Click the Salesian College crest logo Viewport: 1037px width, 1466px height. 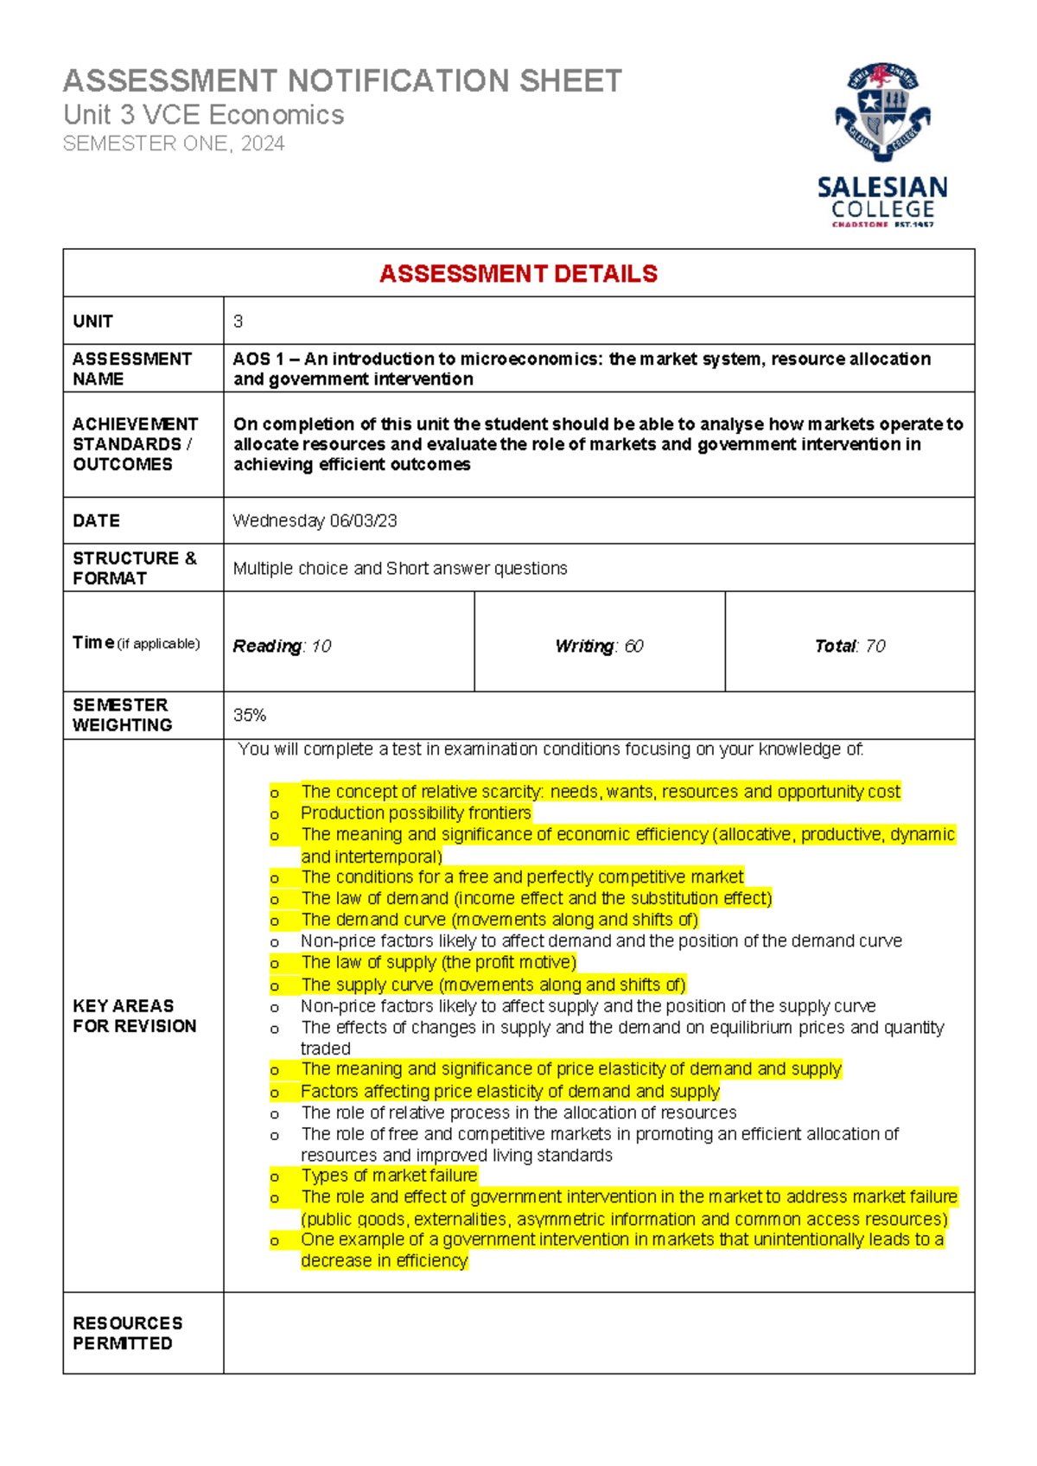[x=881, y=112]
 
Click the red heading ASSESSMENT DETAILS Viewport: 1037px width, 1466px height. [x=518, y=274]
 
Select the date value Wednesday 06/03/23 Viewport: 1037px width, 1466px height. [x=315, y=520]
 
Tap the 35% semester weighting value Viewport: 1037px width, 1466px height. [x=250, y=715]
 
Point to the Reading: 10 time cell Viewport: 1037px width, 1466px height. [x=283, y=646]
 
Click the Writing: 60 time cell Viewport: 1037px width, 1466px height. [x=599, y=646]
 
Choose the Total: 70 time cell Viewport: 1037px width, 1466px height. [x=849, y=646]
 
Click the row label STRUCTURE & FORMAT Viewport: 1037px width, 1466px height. [x=135, y=568]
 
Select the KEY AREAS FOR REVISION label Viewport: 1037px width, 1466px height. [x=135, y=1016]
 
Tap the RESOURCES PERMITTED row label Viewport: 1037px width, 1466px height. [x=128, y=1333]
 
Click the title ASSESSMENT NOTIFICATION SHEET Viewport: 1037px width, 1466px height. [x=342, y=81]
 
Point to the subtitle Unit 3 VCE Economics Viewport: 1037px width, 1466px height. [x=204, y=115]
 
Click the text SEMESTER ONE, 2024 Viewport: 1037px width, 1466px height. [x=174, y=143]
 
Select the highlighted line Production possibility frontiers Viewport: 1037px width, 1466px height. [x=416, y=813]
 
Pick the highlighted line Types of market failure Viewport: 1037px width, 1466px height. [x=389, y=1176]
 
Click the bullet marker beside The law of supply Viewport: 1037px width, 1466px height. [x=275, y=964]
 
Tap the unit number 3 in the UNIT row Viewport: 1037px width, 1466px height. [x=239, y=322]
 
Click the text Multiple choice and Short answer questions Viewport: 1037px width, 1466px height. [x=400, y=568]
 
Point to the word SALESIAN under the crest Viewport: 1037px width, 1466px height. [x=882, y=188]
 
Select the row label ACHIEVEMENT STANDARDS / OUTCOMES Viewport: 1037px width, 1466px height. [x=135, y=444]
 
